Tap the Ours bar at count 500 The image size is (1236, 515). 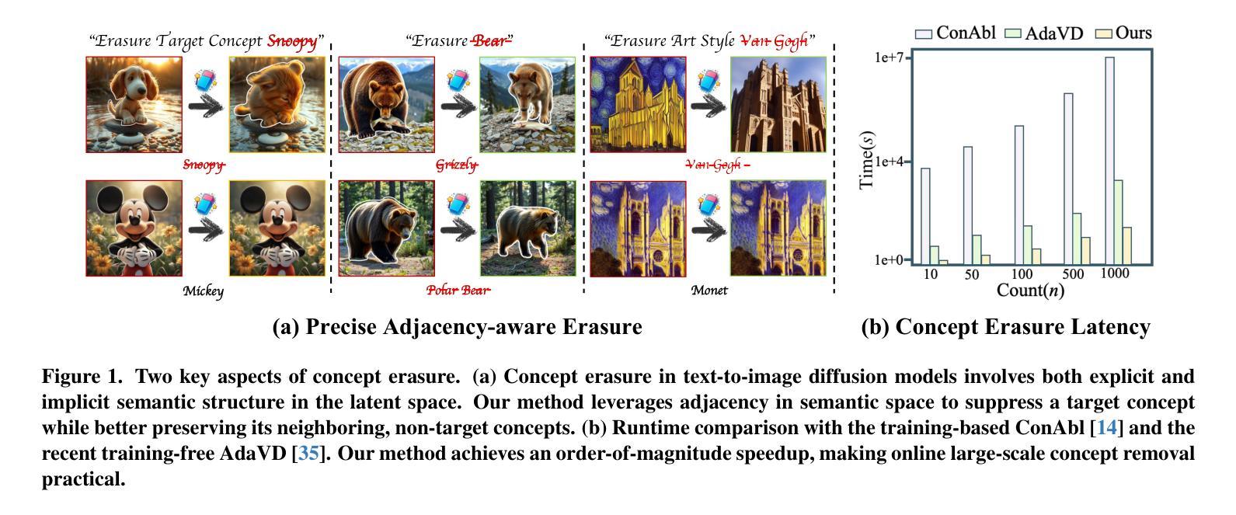[x=1085, y=250]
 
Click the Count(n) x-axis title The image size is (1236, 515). [x=1030, y=291]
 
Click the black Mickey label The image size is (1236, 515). [x=204, y=291]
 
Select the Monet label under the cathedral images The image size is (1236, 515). [x=709, y=291]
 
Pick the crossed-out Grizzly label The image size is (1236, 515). [x=457, y=165]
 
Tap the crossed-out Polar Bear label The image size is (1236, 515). [x=458, y=291]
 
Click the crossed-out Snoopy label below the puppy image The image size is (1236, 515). [x=204, y=165]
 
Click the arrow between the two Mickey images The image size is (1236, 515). [x=204, y=228]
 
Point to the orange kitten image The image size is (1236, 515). [x=277, y=105]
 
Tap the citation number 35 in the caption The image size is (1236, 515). [x=308, y=453]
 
